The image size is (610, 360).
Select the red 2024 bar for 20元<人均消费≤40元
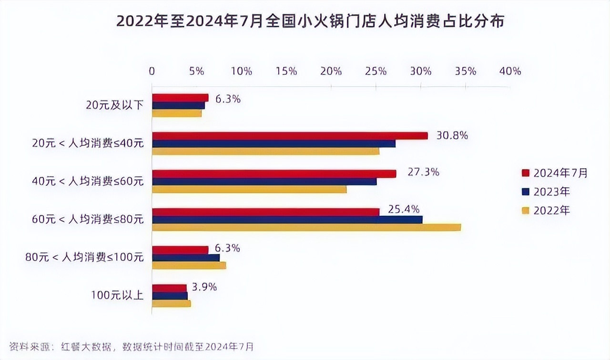pos(290,136)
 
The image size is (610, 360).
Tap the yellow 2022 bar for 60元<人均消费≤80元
pos(306,227)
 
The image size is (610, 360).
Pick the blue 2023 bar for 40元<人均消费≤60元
pos(264,181)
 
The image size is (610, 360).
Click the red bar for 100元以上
pos(169,288)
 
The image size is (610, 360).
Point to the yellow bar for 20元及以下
pos(176,113)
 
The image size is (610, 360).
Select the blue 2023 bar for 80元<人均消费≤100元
pos(186,258)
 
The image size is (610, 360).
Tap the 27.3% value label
pos(423,172)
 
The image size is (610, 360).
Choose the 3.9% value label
pos(204,287)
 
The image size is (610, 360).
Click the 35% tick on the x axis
pos(466,71)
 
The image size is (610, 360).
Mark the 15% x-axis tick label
pos(286,71)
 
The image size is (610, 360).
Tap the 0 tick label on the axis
pos(152,71)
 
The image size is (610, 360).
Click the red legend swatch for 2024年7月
pos(526,173)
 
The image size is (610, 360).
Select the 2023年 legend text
pos(552,192)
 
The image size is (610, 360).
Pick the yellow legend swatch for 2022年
pos(526,210)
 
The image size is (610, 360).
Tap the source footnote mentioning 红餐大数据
pos(132,345)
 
